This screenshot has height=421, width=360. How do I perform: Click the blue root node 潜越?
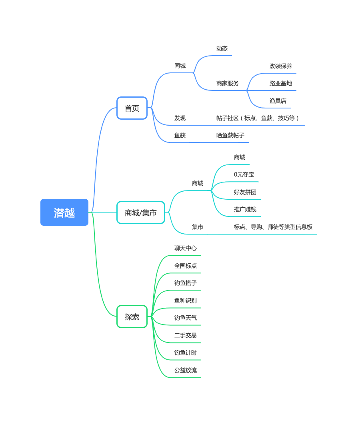point(64,213)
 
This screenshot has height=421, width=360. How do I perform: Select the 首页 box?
point(132,108)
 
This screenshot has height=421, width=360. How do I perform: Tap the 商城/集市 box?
point(141,213)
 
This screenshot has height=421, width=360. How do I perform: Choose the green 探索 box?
point(132,317)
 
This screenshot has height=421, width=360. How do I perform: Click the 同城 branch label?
point(180,66)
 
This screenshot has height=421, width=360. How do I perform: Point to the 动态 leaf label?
point(222,48)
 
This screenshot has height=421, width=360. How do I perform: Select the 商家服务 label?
point(228,83)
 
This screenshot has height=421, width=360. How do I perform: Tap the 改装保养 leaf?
point(281,66)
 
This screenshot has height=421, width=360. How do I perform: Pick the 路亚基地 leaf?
point(281,83)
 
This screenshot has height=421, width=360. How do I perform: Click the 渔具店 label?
point(278,101)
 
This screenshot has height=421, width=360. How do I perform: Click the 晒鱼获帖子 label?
point(230,135)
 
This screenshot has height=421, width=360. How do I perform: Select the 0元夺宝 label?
point(244,174)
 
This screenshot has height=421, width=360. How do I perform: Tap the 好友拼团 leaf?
point(245,192)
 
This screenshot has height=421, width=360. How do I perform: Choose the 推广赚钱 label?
point(245,209)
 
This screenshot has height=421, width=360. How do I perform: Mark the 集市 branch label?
point(198,227)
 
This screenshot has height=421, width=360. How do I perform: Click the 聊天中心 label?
point(186,248)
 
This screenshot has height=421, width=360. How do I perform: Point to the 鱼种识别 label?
point(186,301)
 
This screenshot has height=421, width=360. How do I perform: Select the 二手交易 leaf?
point(186,335)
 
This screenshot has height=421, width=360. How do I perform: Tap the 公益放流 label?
point(186,370)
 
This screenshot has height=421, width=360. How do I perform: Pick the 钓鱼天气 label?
point(186,318)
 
